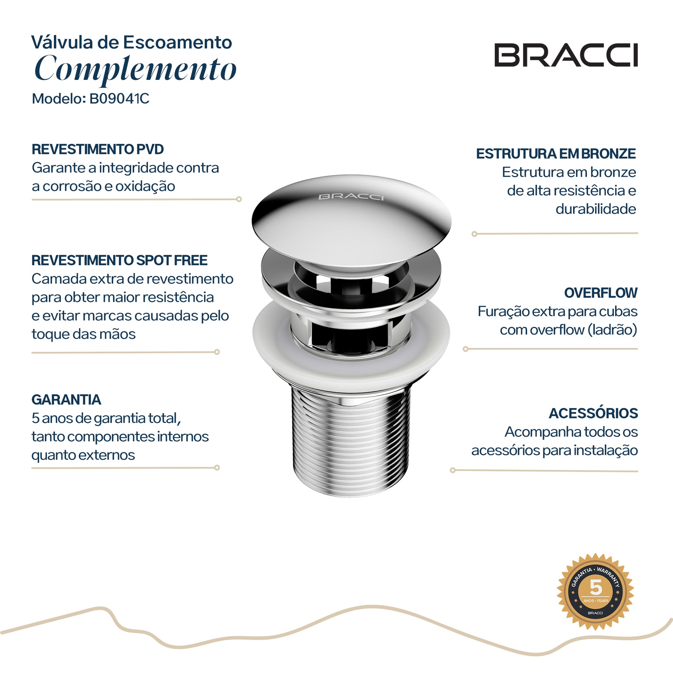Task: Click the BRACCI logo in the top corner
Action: pyautogui.click(x=566, y=55)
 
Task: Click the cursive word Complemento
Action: pyautogui.click(x=136, y=69)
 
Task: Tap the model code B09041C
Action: pyautogui.click(x=119, y=99)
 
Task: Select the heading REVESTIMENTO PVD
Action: pyautogui.click(x=98, y=149)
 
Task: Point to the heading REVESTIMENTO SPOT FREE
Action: pyautogui.click(x=119, y=260)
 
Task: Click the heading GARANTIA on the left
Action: pyautogui.click(x=66, y=399)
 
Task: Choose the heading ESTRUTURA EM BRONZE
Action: pyautogui.click(x=556, y=154)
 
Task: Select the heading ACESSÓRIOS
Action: pyautogui.click(x=593, y=413)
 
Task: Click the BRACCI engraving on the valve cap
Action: pyautogui.click(x=351, y=197)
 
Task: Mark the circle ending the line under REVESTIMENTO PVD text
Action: pyautogui.click(x=239, y=199)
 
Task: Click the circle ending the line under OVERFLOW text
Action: pyautogui.click(x=465, y=349)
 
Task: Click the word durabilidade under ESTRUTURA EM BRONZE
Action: pyautogui.click(x=596, y=209)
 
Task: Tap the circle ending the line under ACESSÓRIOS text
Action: pyautogui.click(x=452, y=470)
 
